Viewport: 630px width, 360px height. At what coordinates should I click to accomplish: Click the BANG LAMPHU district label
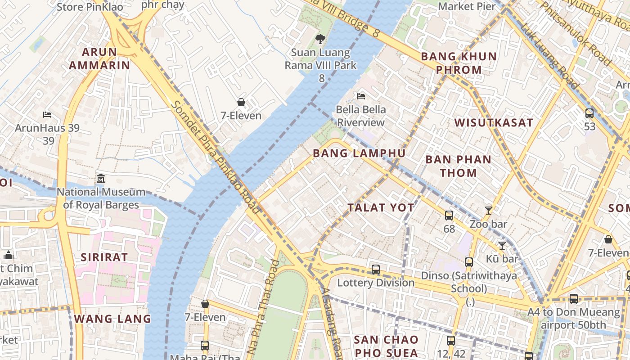point(359,153)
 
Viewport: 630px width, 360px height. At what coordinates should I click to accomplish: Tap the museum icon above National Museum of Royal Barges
point(100,179)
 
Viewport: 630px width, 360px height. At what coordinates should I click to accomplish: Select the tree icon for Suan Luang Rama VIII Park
point(320,39)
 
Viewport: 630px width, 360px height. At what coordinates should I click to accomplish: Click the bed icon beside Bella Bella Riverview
point(360,96)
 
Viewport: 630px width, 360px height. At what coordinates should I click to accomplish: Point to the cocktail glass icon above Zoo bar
point(488,210)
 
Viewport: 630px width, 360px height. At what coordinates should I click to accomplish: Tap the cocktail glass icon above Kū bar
point(502,245)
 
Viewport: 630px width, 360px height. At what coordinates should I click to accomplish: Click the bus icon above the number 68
point(449,216)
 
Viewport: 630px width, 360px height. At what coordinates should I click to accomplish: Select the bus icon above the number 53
point(589,113)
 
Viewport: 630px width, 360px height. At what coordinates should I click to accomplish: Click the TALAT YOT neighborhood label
point(381,207)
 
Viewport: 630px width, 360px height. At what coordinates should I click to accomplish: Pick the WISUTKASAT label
point(494,123)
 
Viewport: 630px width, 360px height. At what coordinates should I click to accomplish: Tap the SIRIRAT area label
point(104,257)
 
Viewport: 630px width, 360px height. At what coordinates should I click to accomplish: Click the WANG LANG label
point(112,319)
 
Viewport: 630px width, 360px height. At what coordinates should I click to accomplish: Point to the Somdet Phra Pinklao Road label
point(215,156)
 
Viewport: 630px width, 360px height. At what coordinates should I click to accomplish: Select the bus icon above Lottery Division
point(376,270)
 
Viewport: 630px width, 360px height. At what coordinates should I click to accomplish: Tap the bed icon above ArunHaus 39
point(47,115)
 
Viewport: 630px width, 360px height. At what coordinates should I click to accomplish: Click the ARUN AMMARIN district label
point(99,58)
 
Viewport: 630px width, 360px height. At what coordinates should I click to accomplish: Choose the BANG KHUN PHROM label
point(459,63)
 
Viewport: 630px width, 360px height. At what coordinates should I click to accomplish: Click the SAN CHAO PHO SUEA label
point(386,346)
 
